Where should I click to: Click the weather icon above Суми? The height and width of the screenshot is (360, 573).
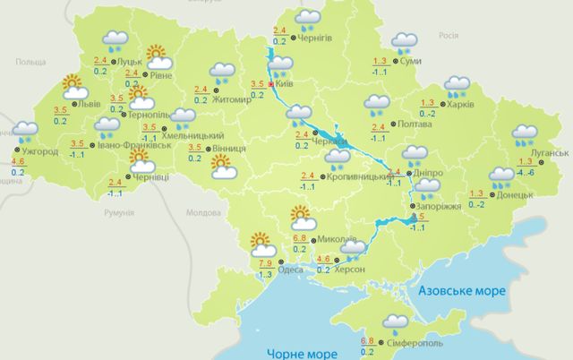tap(405, 41)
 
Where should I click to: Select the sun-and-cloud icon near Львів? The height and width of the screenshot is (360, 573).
tap(73, 87)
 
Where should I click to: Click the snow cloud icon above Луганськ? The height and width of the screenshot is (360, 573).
tap(525, 136)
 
